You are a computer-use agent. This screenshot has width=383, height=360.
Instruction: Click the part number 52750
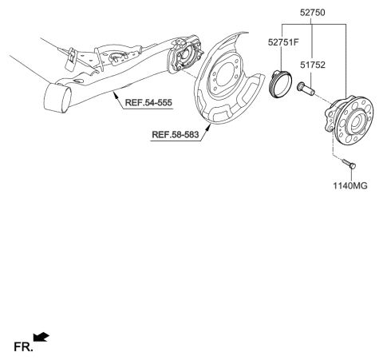[x=312, y=13]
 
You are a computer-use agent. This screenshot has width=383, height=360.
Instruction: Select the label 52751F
[x=283, y=42]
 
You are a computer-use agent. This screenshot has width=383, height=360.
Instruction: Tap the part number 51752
[x=313, y=65]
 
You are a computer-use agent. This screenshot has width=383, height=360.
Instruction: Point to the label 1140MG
[x=350, y=186]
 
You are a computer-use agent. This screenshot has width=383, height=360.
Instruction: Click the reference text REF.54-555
[x=148, y=102]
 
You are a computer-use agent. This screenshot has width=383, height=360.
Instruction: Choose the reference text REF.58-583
[x=176, y=135]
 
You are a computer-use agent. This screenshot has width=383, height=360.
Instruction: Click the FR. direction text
[x=23, y=346]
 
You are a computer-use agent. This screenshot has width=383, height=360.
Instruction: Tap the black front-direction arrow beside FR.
[x=41, y=337]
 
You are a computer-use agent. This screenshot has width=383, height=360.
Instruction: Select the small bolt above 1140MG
[x=349, y=164]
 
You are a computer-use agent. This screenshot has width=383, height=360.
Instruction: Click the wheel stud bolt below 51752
[x=306, y=89]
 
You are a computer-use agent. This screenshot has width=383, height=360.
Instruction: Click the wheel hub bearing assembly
[x=349, y=120]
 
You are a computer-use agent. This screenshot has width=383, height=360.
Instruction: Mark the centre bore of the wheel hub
[x=357, y=123]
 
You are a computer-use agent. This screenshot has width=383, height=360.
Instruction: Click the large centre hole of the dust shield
[x=225, y=74]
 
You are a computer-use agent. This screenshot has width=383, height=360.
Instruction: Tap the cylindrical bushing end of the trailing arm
[x=57, y=97]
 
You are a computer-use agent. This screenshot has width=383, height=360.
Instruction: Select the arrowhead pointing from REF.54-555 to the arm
[x=115, y=94]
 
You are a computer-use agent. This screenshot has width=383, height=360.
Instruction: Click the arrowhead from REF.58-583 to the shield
[x=209, y=128]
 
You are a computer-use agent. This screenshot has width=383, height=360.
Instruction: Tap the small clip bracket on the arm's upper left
[x=70, y=59]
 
